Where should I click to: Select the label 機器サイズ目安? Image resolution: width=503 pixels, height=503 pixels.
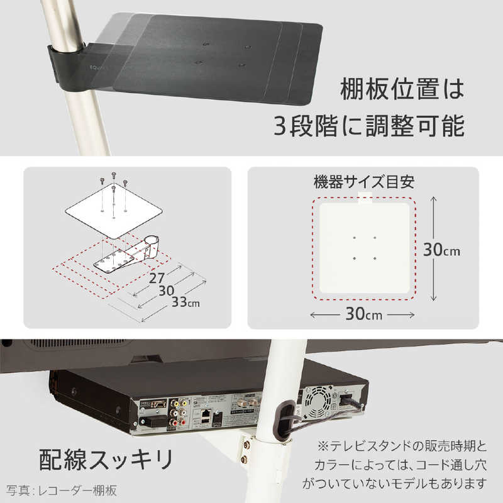363,183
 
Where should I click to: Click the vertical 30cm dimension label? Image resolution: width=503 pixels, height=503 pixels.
441,250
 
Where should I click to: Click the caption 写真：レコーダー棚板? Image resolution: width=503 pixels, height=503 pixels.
62,489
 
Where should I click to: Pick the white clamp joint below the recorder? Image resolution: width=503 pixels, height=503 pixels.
267,449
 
